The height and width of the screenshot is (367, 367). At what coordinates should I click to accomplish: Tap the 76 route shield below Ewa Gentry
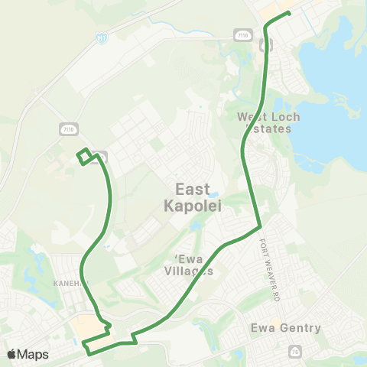point(296,351)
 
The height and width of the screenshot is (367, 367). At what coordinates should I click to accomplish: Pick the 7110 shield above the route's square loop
point(70,128)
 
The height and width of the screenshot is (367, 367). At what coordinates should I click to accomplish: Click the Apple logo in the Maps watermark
point(12,354)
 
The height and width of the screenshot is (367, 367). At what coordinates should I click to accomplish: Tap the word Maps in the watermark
point(34,354)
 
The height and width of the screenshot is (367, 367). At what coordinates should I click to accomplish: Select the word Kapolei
point(192,205)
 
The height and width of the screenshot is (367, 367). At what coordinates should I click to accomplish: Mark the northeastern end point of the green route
point(288,13)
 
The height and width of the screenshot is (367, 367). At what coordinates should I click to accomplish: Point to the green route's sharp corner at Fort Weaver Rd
point(260,226)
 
